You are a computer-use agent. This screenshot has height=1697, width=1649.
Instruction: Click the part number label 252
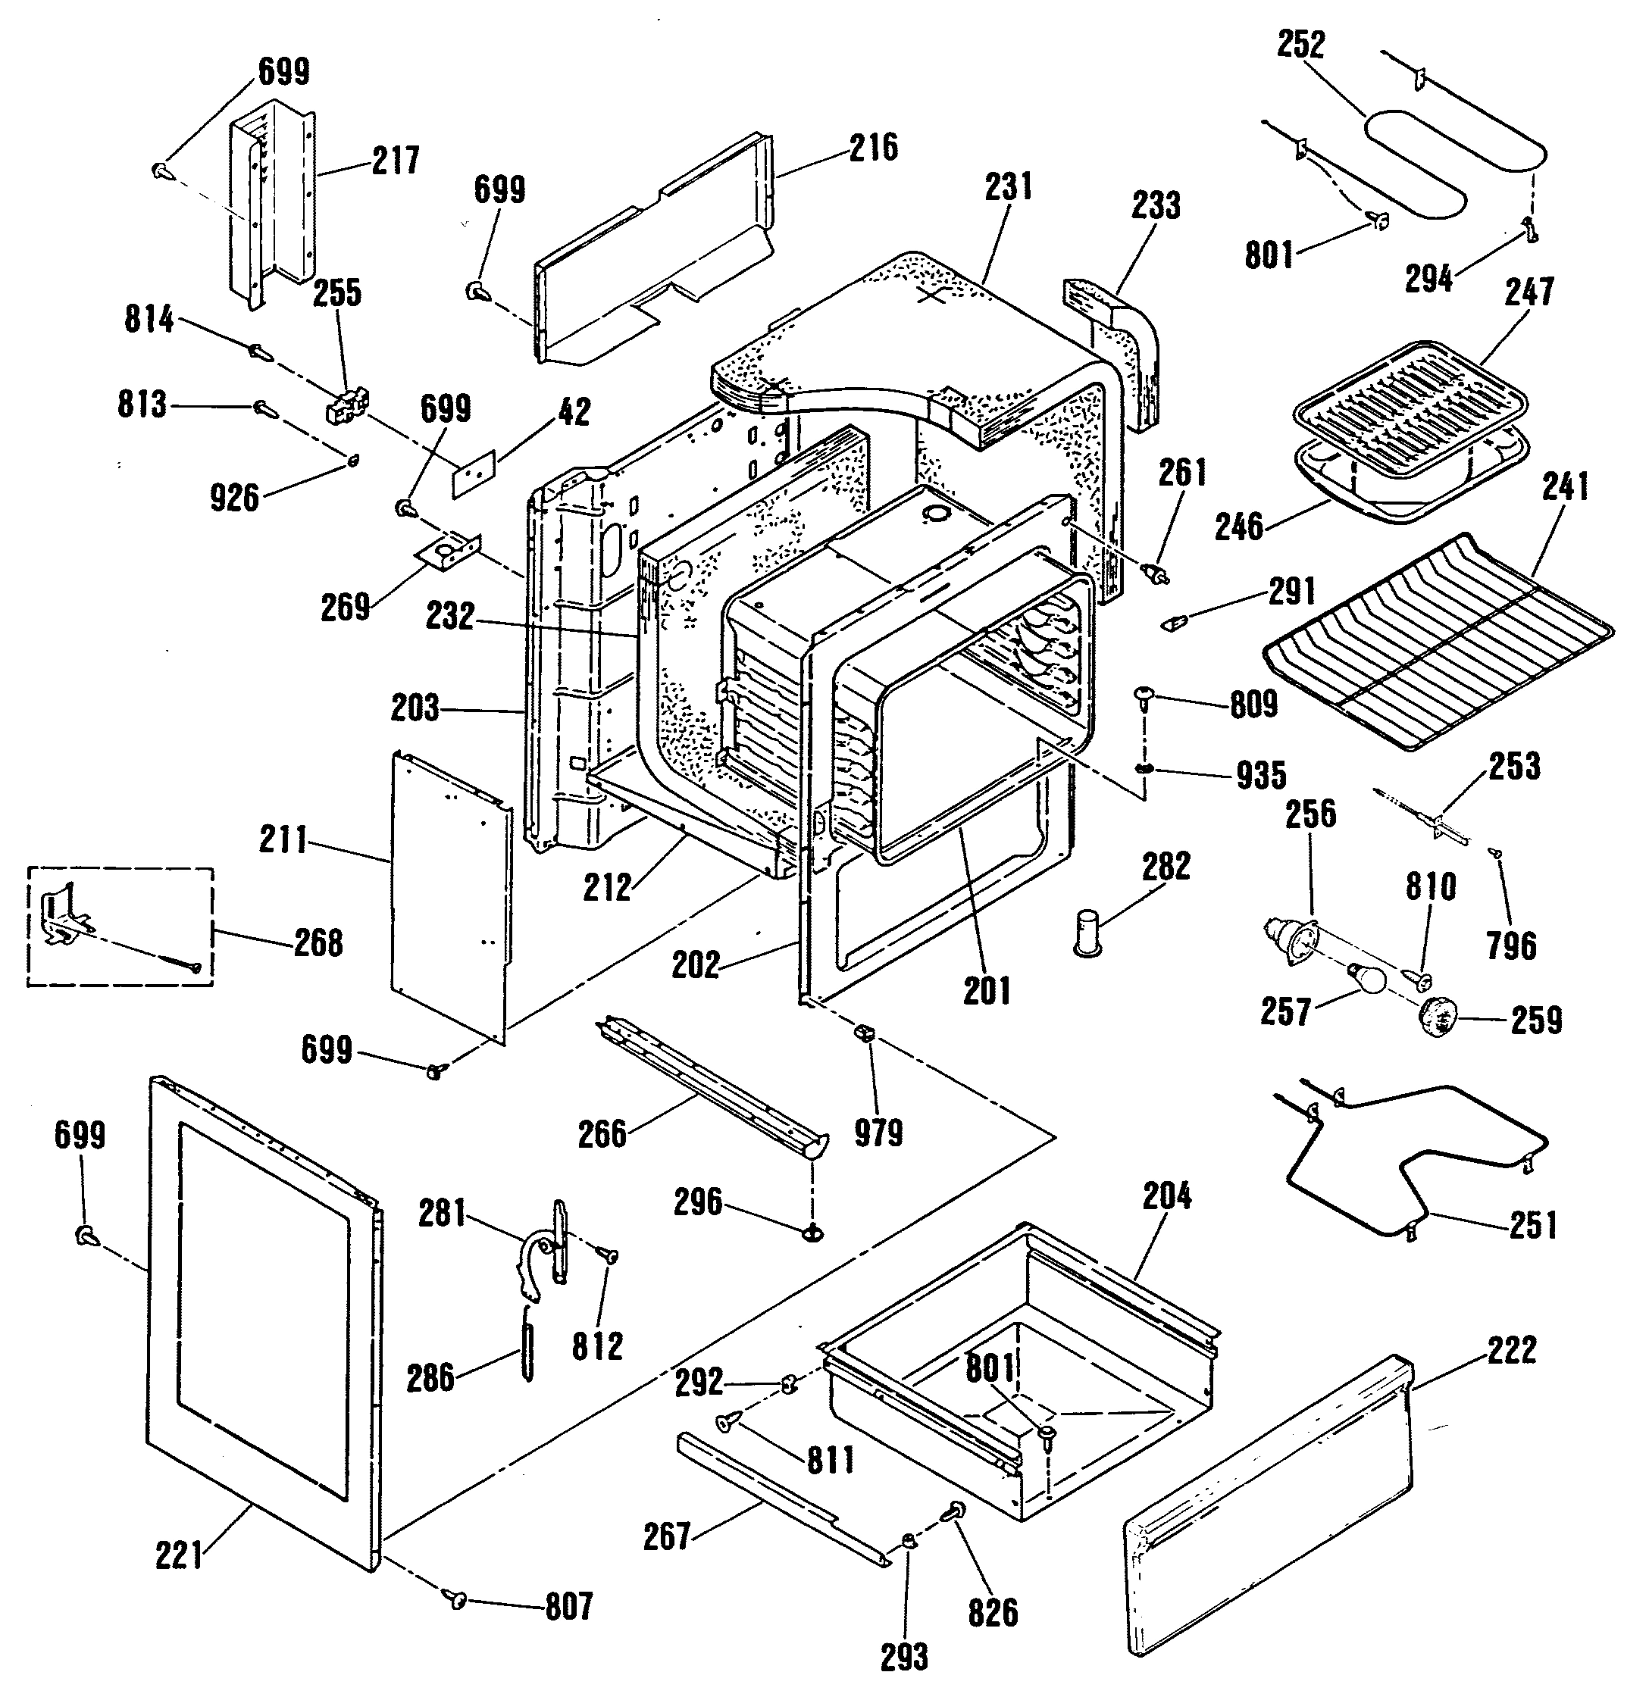pos(1302,44)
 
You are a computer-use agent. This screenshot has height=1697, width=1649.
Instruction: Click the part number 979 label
pos(878,1133)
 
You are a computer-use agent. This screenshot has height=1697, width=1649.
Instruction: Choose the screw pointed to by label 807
pos(456,1600)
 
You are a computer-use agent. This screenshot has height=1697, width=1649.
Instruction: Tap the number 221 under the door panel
pos(180,1558)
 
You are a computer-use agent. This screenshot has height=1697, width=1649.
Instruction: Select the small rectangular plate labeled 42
pos(474,473)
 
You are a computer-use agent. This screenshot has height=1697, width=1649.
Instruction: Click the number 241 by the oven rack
pos(1566,487)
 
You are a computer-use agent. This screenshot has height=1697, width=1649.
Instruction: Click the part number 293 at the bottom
pos(904,1657)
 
